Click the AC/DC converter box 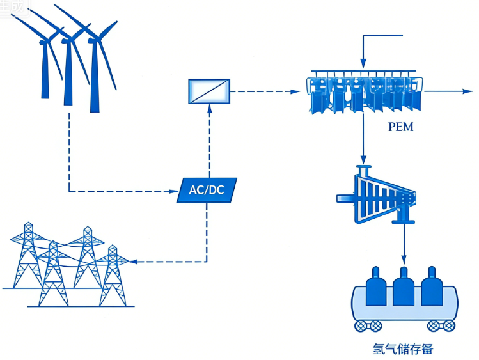point(207,190)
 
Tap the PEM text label point(400,127)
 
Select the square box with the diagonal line point(209,92)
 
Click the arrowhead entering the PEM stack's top point(363,64)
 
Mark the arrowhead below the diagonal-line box point(208,110)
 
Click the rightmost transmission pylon point(113,275)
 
